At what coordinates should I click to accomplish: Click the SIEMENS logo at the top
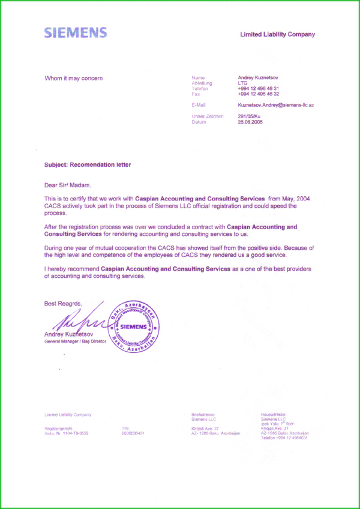[x=76, y=33]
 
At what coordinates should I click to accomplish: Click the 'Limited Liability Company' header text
[x=277, y=35]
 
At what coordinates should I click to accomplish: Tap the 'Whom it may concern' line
[x=74, y=78]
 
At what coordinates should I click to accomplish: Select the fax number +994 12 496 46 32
[x=259, y=94]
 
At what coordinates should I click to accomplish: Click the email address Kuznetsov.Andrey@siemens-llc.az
[x=276, y=105]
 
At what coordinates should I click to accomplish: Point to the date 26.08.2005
[x=250, y=122]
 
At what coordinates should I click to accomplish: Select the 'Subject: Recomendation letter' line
[x=88, y=164]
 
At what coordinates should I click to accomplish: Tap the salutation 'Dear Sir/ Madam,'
[x=68, y=185]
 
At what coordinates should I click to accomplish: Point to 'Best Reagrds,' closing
[x=63, y=304]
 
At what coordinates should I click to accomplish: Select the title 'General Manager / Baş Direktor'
[x=75, y=342]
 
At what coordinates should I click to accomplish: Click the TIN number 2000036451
[x=133, y=433]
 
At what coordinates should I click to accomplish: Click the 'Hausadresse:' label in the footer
[x=274, y=414]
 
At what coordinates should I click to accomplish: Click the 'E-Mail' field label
[x=199, y=105]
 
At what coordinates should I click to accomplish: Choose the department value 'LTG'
[x=242, y=83]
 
